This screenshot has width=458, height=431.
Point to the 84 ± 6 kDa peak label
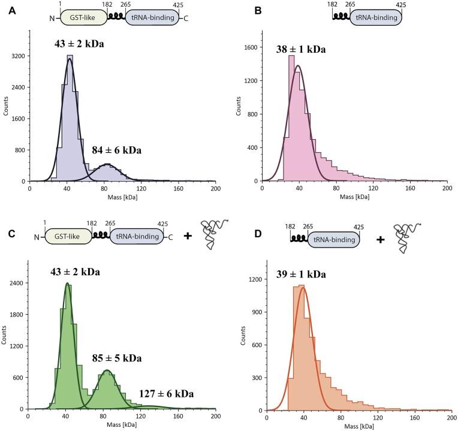pyautogui.click(x=116, y=150)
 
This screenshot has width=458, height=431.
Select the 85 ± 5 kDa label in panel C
pyautogui.click(x=117, y=358)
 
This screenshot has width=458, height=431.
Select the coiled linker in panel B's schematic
pyautogui.click(x=342, y=18)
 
